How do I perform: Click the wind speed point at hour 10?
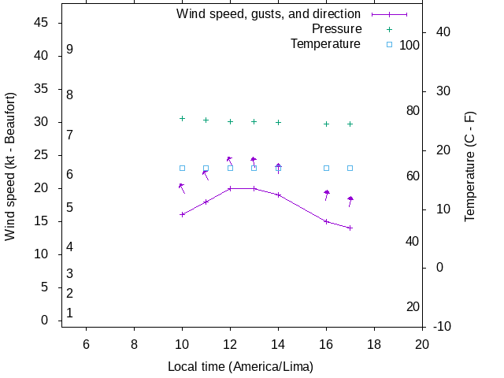(182, 214)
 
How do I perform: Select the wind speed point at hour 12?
(230, 188)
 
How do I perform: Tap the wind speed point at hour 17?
(350, 228)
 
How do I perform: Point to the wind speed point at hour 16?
(326, 221)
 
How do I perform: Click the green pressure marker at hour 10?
(182, 118)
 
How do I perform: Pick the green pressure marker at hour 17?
(350, 124)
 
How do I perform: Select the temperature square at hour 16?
(326, 168)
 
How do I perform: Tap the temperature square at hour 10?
(182, 168)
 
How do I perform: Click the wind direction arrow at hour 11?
(206, 175)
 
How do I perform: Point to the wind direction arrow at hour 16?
(327, 195)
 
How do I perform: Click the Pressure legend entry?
(336, 29)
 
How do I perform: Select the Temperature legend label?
(325, 44)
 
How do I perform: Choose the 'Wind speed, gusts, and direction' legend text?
(269, 14)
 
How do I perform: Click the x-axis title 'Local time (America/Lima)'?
(240, 367)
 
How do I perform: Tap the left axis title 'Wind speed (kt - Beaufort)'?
(10, 166)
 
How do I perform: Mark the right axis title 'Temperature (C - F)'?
(470, 166)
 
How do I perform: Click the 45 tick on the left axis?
(43, 23)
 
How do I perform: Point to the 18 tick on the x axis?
(374, 343)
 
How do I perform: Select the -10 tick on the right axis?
(443, 326)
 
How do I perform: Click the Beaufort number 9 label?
(70, 49)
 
